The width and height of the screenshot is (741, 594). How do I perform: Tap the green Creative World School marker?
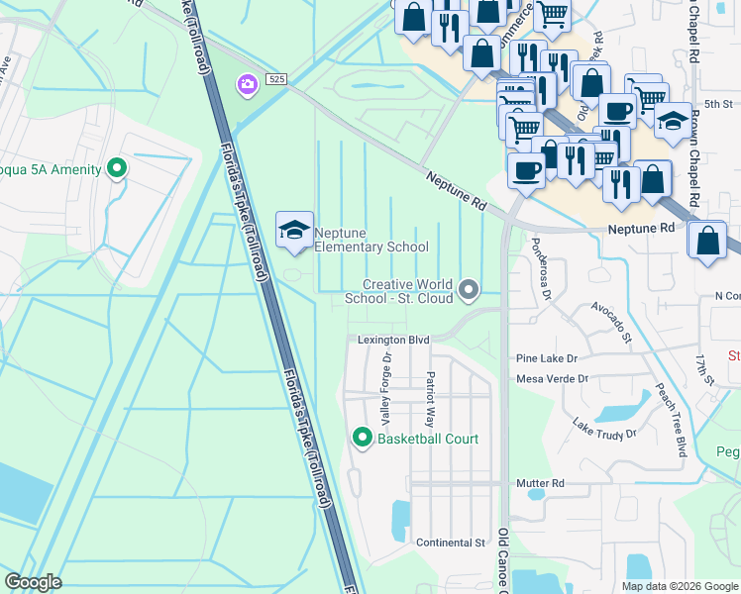(x=469, y=290)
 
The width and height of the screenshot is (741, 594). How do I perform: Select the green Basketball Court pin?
(x=363, y=437)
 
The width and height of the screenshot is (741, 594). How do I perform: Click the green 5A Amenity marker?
(x=118, y=169)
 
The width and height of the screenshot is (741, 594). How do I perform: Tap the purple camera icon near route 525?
(x=245, y=86)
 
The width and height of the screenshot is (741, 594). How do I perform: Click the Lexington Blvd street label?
(x=393, y=341)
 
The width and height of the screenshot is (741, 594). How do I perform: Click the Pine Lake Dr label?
(x=546, y=357)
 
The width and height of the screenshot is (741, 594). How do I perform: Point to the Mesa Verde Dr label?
(x=552, y=379)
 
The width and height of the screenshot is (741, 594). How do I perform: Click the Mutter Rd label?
(x=540, y=484)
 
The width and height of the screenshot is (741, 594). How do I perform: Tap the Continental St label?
(x=450, y=543)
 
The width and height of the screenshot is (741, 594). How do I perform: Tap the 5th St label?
(x=717, y=103)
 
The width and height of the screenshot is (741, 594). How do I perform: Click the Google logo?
(x=34, y=582)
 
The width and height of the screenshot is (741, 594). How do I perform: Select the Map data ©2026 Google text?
(x=679, y=586)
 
